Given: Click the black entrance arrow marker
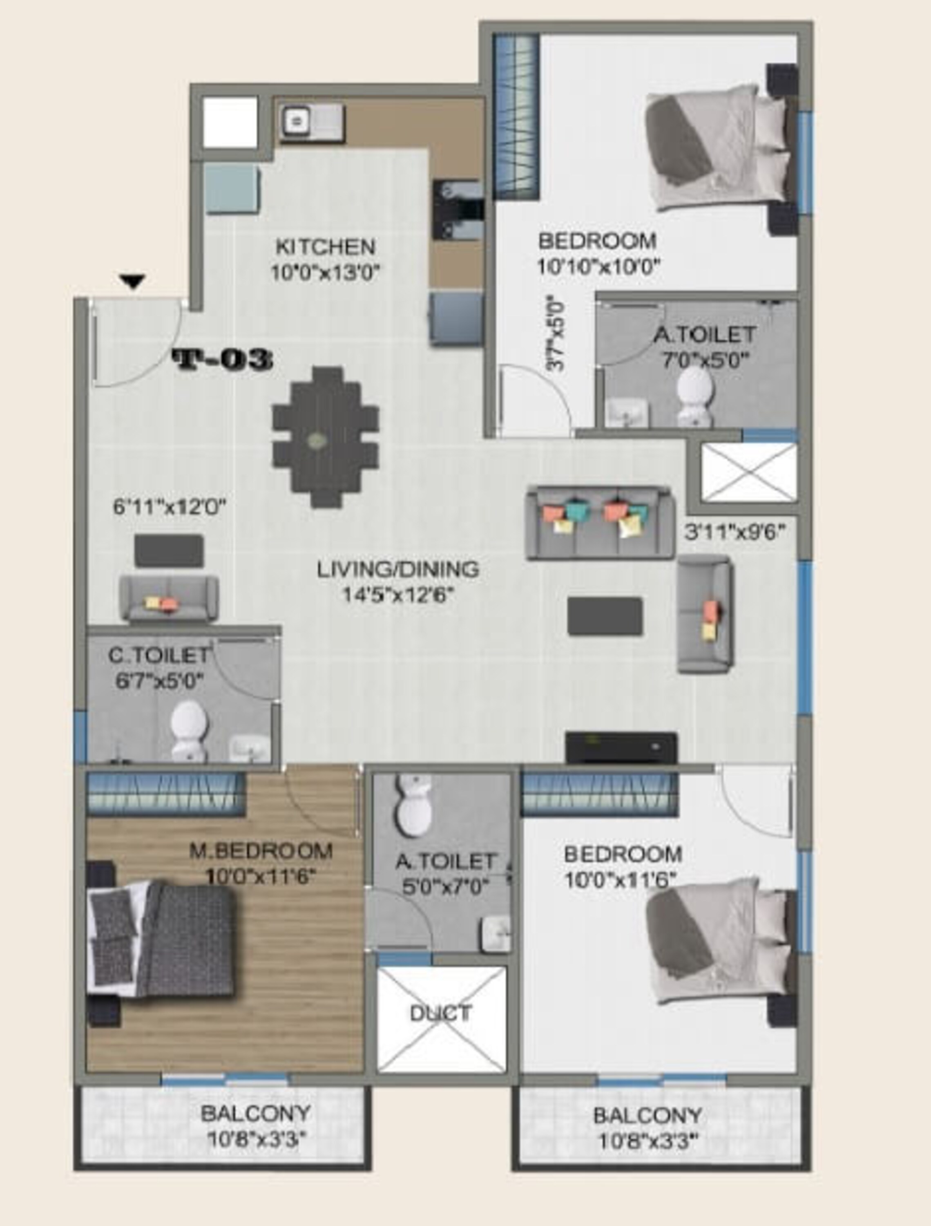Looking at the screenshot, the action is [x=133, y=282].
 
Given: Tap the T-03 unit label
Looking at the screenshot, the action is [x=223, y=360].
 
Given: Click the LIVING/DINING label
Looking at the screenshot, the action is [x=398, y=569].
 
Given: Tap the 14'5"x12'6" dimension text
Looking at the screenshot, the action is [x=398, y=595].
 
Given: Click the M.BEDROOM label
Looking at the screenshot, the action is [x=261, y=851].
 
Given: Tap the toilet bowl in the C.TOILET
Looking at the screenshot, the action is [x=189, y=731].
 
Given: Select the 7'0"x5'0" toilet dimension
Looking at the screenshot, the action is [x=706, y=360].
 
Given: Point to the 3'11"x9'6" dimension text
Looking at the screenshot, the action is [x=735, y=532].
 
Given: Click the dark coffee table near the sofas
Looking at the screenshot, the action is [x=605, y=616].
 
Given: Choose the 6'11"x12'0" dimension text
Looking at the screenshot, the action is [x=170, y=507].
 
